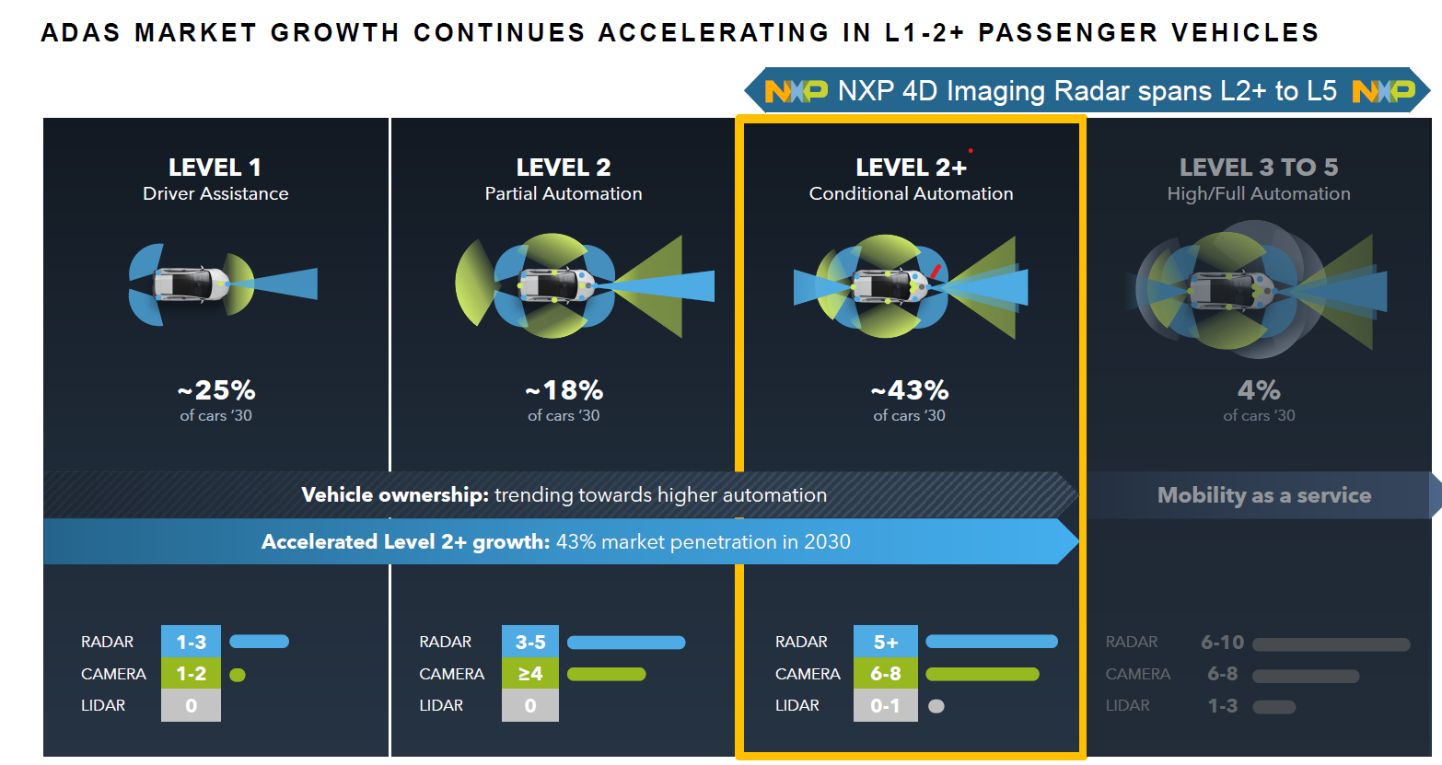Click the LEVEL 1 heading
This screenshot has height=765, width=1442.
(x=215, y=168)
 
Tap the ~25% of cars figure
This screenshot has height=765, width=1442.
(x=216, y=390)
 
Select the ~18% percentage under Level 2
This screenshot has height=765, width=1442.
(x=564, y=390)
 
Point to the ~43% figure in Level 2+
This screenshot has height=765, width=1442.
(x=910, y=390)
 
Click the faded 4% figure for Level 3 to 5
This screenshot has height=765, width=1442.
(x=1259, y=390)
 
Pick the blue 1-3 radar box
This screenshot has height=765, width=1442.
(x=191, y=642)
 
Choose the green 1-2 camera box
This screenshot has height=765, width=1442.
(x=191, y=674)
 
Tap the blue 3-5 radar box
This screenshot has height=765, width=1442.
(x=530, y=642)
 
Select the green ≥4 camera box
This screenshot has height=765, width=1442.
(x=530, y=674)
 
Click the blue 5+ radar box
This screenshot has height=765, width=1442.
(x=885, y=642)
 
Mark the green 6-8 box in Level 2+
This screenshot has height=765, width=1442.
(x=885, y=674)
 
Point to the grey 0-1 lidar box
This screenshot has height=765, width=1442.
(x=885, y=706)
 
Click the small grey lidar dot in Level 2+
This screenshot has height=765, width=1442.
(x=936, y=707)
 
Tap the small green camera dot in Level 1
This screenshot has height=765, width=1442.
(x=238, y=675)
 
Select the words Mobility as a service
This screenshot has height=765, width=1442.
(x=1263, y=495)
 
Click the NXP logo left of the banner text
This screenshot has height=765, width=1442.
(x=796, y=91)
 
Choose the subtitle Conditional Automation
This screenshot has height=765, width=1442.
(x=911, y=194)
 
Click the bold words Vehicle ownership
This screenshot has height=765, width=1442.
(x=394, y=495)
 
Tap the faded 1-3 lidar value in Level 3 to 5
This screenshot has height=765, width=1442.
(x=1222, y=706)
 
